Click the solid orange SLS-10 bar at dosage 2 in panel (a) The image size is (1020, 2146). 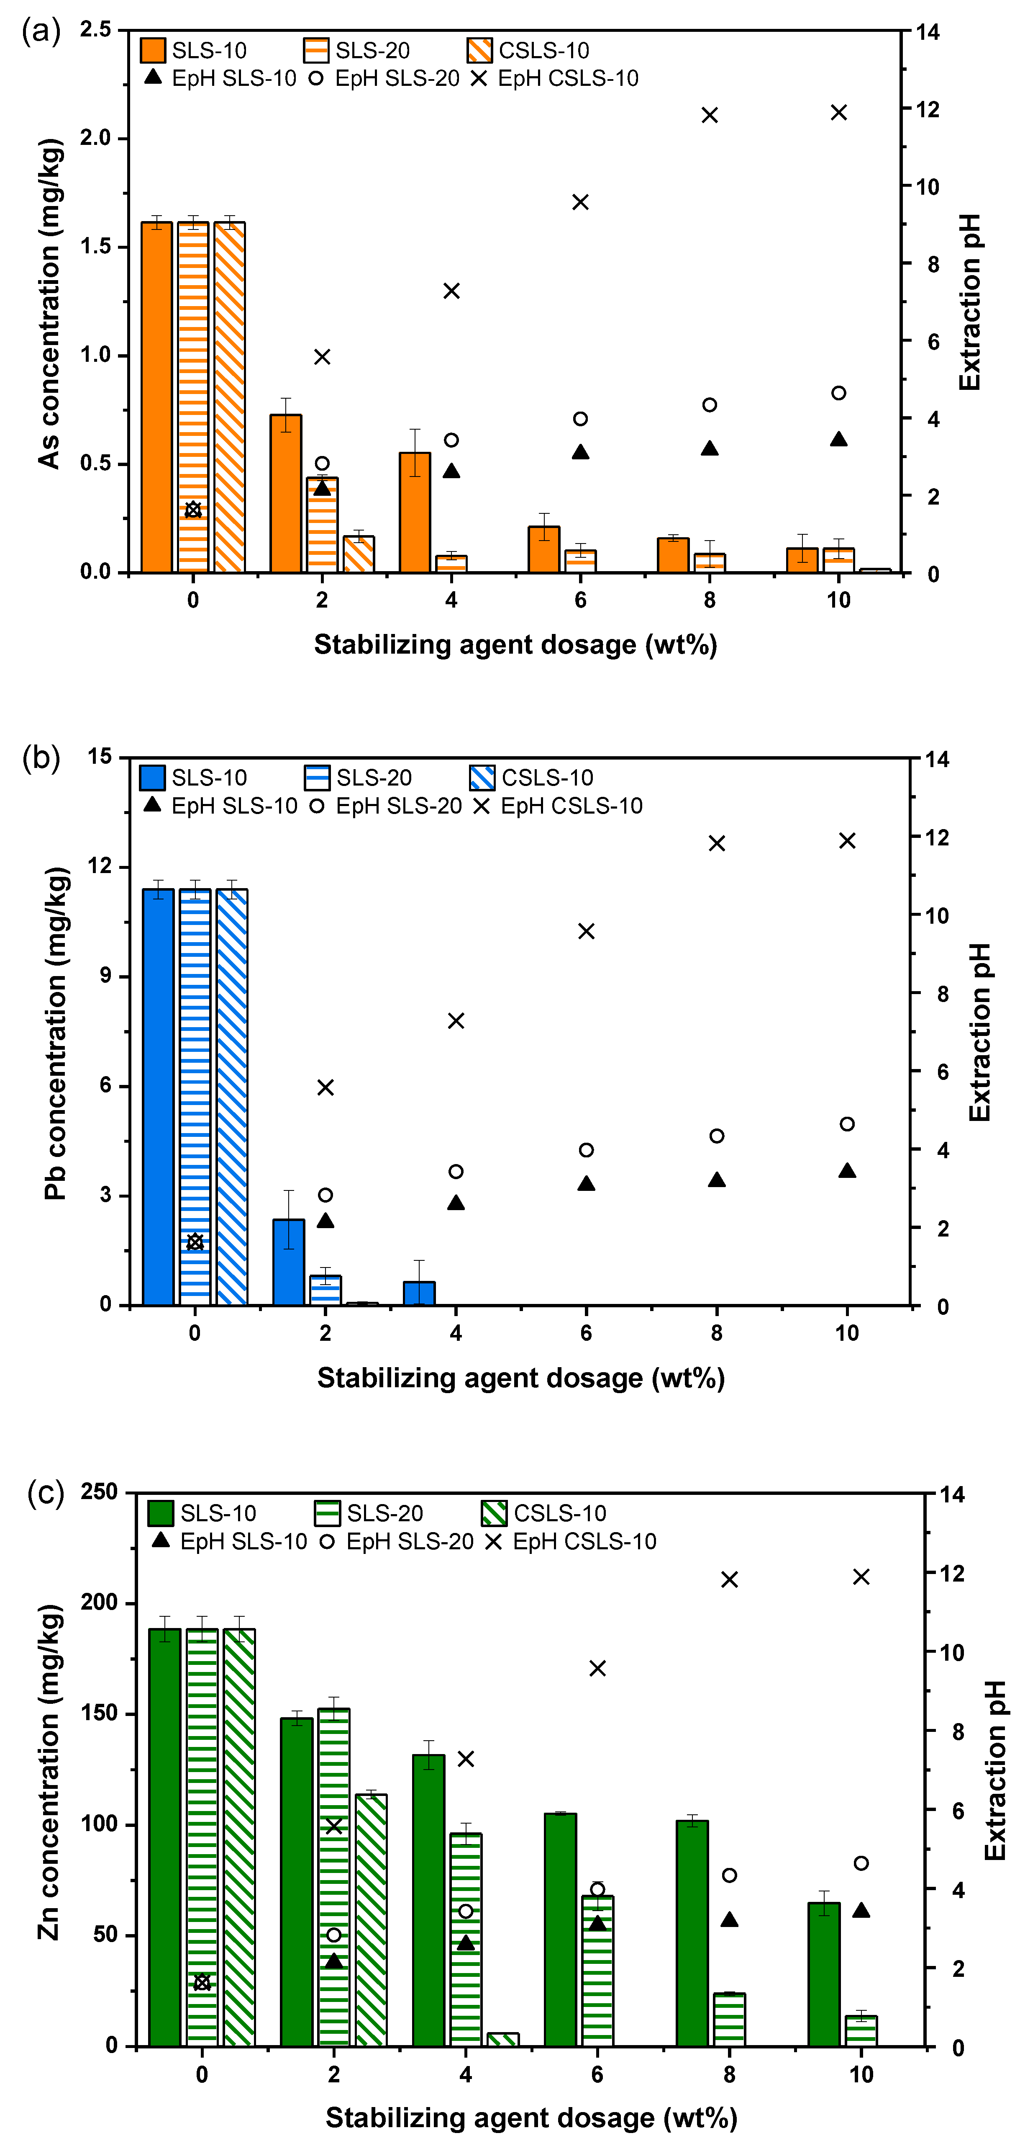[x=286, y=493]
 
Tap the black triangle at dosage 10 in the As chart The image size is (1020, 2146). [x=838, y=439]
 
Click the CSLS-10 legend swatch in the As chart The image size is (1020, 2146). [x=479, y=51]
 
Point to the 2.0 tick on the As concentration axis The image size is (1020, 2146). [x=96, y=138]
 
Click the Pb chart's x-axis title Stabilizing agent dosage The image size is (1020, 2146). [x=520, y=1378]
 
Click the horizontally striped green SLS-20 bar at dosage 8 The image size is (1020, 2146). [x=729, y=2020]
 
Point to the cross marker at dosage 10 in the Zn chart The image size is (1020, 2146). [x=861, y=1577]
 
